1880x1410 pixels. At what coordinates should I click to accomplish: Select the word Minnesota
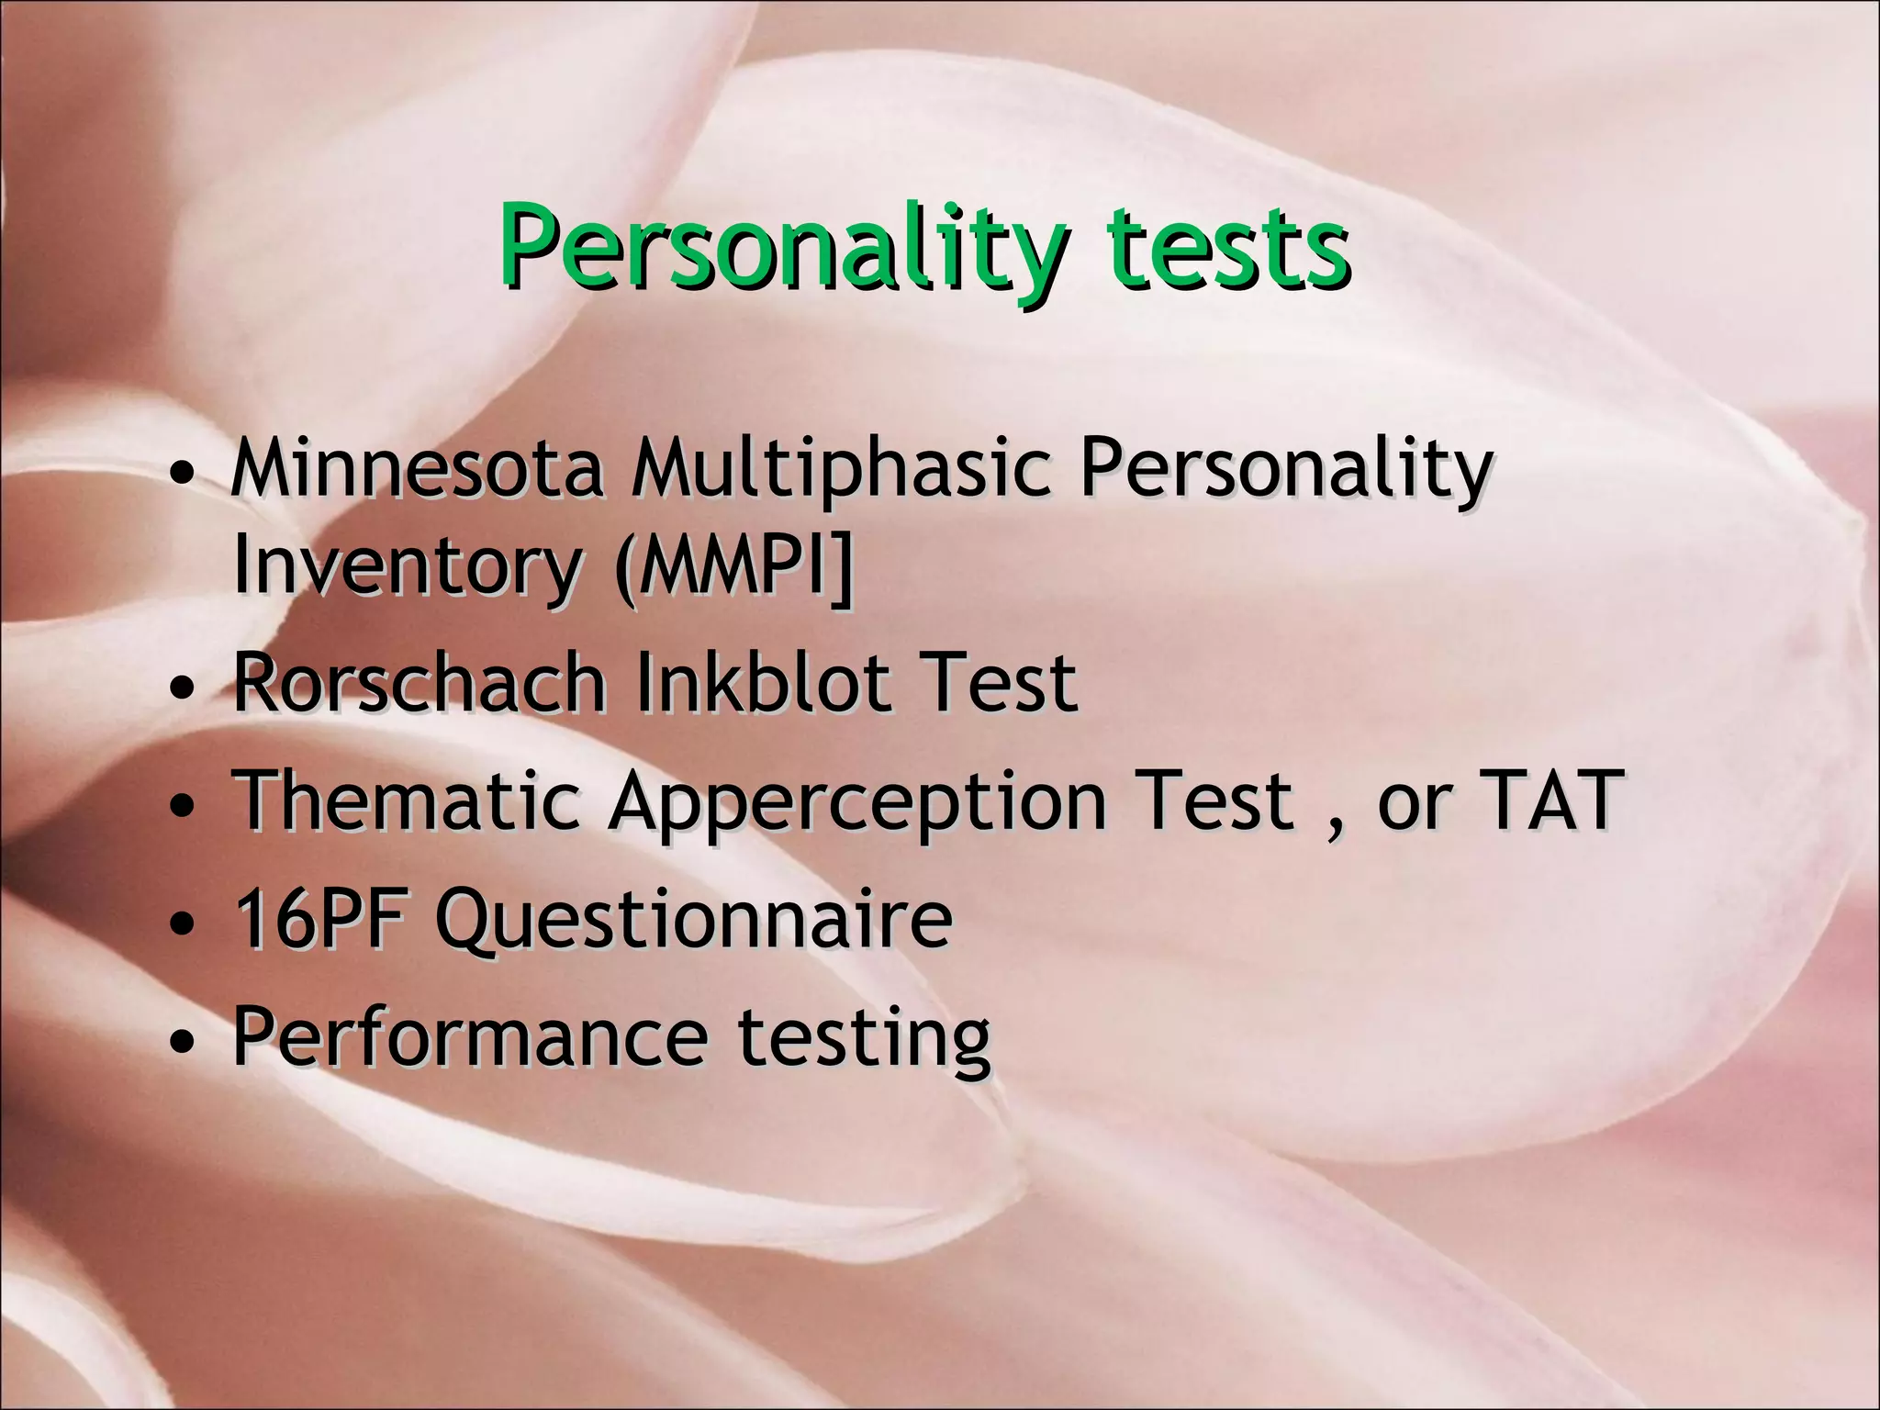pyautogui.click(x=417, y=470)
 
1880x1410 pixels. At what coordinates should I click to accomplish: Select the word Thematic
pyautogui.click(x=408, y=800)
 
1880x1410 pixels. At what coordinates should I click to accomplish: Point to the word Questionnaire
pyautogui.click(x=694, y=921)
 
